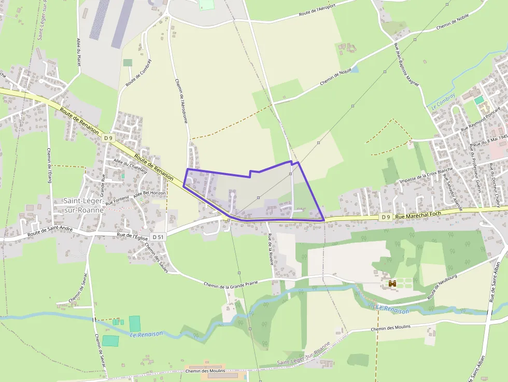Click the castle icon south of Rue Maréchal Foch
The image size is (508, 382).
pos(392,284)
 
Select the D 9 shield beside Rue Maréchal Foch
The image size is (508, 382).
pos(385,217)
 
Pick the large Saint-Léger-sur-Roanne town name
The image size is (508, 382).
pos(83,205)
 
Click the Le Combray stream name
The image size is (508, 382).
pos(443,101)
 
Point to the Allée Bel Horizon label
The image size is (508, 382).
pos(150,193)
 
